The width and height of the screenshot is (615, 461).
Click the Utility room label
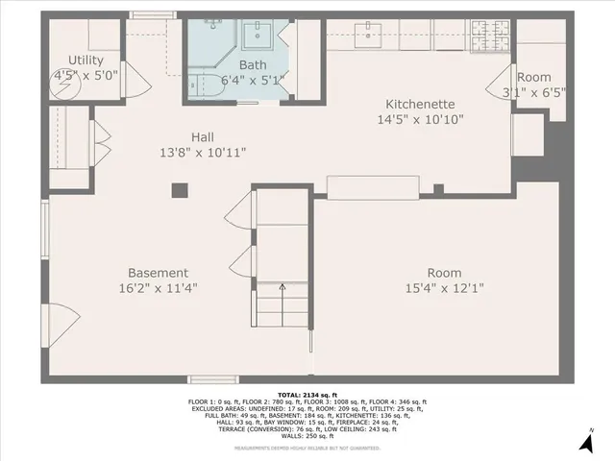[86, 61]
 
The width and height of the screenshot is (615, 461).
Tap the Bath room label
[253, 65]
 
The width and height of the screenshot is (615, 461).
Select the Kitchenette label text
[420, 104]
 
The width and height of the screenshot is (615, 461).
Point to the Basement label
[159, 273]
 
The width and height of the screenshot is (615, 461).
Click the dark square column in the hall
[179, 191]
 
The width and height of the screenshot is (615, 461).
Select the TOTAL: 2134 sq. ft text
[307, 394]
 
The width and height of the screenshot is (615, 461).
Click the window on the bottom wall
[213, 378]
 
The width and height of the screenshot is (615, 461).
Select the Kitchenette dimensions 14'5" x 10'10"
[420, 120]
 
